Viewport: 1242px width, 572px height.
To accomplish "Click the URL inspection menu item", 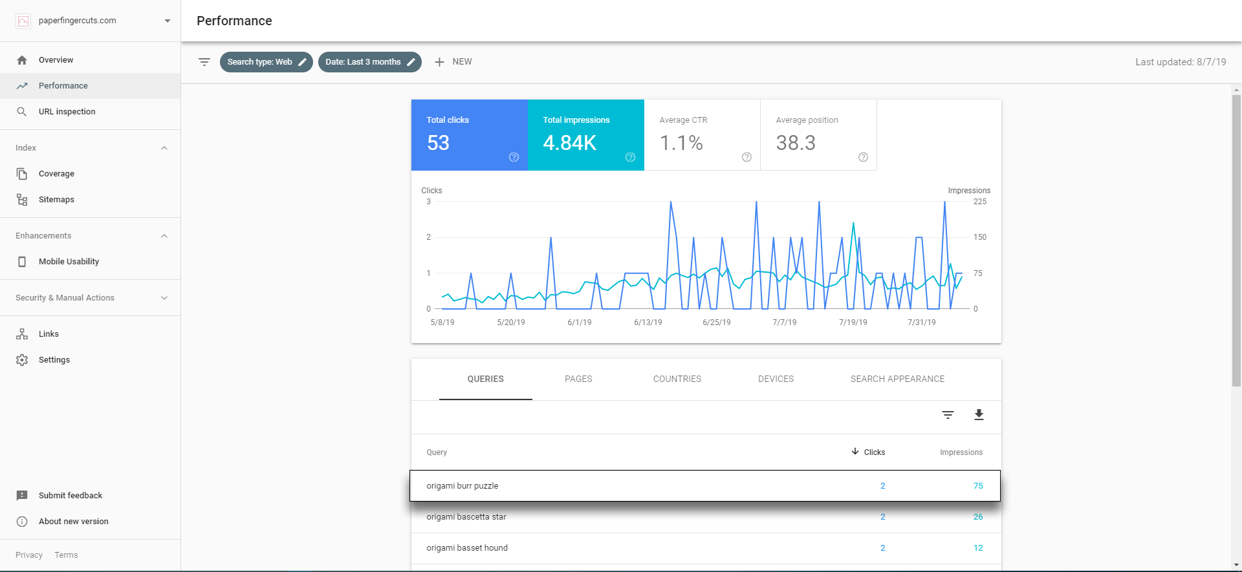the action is coord(67,112).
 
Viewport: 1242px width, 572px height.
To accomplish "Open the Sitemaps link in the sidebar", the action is coord(56,200).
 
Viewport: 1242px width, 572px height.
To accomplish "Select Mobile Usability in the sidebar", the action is coord(69,262).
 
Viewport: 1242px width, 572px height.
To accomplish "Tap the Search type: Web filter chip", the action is coord(267,62).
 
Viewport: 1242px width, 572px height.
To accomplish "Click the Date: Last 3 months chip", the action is coord(370,62).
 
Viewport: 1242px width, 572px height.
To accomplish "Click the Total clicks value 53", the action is coord(438,143).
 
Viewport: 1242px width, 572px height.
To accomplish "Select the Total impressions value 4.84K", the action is coord(569,143).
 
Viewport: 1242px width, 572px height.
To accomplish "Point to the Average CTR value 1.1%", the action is coord(681,143).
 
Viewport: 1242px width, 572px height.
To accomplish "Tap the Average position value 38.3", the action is coord(796,143).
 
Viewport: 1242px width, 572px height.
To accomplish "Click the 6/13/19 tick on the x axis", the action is coord(648,323).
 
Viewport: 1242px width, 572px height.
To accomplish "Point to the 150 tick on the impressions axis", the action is coord(980,237).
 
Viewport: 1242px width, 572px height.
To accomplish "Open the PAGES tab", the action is coord(578,379).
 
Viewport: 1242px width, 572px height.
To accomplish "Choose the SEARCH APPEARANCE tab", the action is coord(897,379).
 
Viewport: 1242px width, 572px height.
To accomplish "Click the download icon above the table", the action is coord(979,415).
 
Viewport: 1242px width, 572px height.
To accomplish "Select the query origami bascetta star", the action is coord(466,517).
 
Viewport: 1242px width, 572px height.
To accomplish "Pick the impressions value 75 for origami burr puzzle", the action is coord(978,486).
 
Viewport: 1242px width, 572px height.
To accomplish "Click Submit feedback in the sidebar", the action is coord(71,496).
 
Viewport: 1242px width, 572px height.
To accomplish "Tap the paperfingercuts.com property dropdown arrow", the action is coord(168,21).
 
